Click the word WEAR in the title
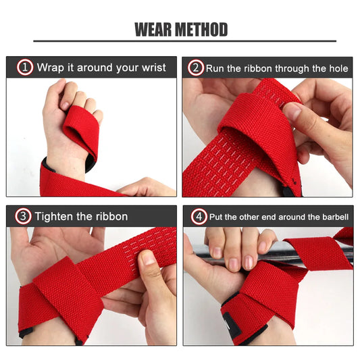[x=155, y=30]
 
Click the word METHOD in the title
[x=202, y=30]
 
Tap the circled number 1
[x=25, y=68]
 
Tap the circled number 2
[x=196, y=68]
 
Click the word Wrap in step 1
[x=50, y=68]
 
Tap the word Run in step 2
[x=216, y=68]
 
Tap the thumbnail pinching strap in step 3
[x=148, y=258]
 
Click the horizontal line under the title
[x=180, y=42]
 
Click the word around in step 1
[x=99, y=68]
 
